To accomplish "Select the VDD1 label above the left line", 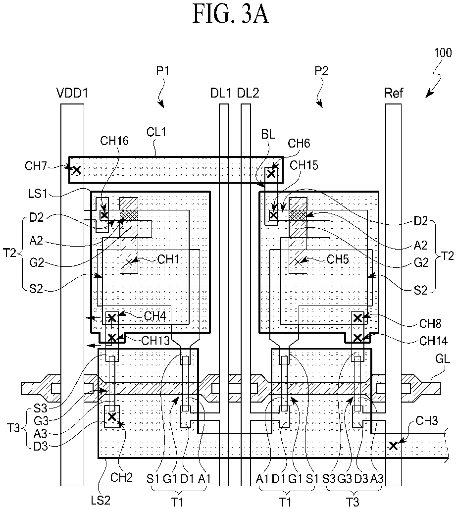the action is click(72, 93).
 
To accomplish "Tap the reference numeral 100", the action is click(443, 52).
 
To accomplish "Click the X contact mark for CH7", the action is click(77, 170).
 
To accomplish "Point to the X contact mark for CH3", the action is click(393, 446).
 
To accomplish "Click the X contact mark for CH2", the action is click(112, 416).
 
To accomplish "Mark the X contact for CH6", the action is click(271, 174).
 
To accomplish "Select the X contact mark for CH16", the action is click(104, 215).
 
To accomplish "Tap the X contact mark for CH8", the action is click(357, 318).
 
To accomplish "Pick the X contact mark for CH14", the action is click(357, 338).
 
